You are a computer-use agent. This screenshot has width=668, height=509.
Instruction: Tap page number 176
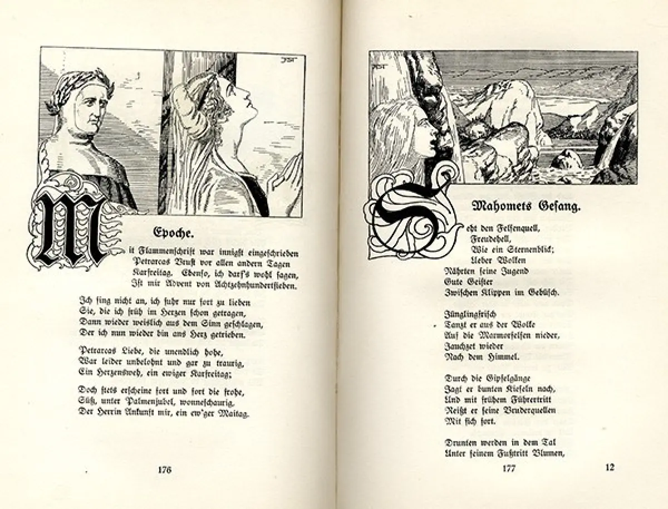(164, 469)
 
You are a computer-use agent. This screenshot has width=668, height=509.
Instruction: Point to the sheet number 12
(610, 467)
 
